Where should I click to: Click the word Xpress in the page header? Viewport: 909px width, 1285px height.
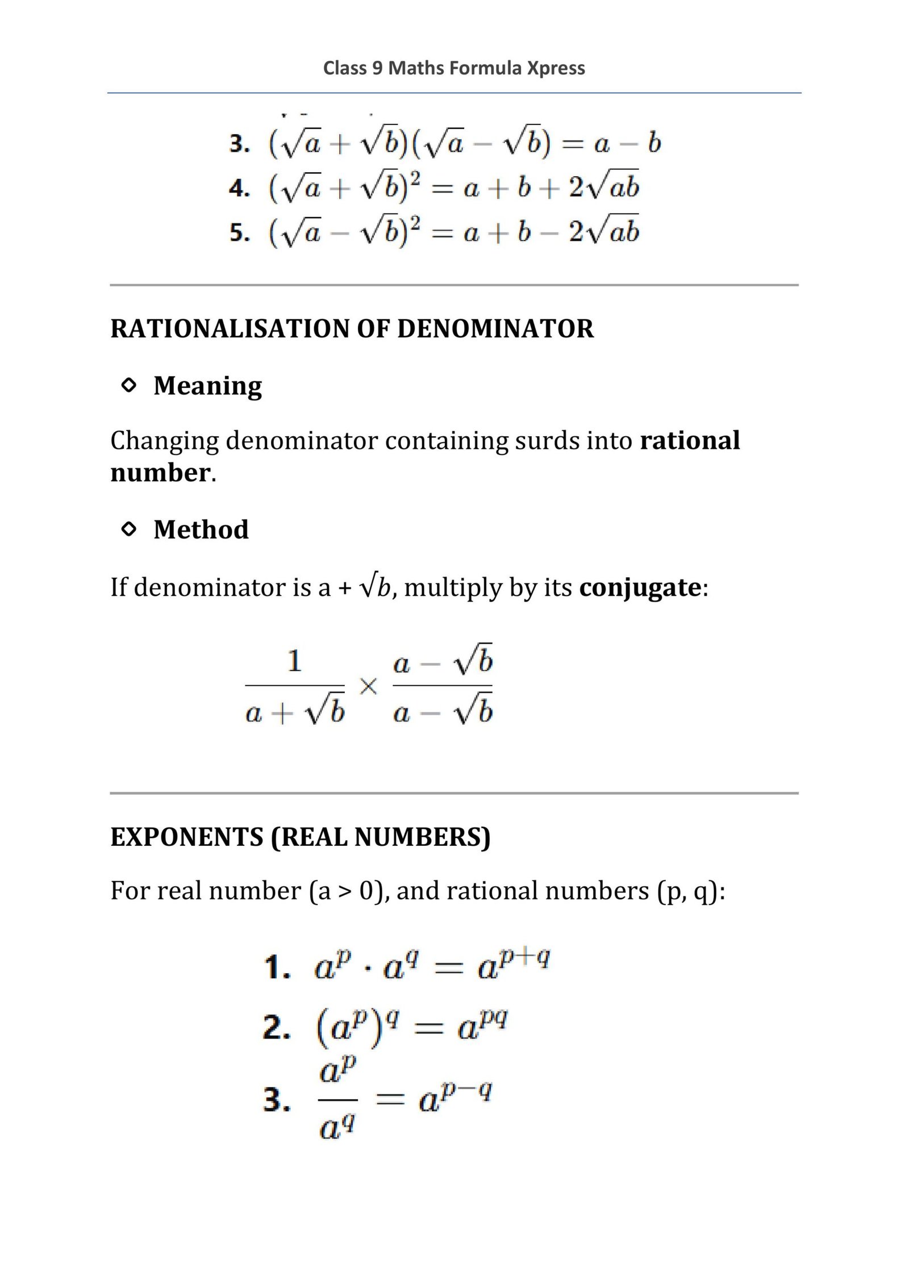556,68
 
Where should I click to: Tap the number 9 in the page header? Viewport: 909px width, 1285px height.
377,68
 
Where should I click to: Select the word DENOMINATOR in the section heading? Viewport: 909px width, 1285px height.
495,329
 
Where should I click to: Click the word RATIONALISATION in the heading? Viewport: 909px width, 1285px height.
230,329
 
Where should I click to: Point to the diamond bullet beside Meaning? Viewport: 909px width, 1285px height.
130,386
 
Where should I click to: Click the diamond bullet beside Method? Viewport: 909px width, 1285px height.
130,529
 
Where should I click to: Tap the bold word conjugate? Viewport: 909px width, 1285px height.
640,587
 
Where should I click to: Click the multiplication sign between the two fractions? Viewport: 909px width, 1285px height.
368,687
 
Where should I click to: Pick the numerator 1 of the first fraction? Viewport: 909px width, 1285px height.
294,661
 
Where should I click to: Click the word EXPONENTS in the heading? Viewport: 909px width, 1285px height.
187,837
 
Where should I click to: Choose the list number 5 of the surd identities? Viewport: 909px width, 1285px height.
239,233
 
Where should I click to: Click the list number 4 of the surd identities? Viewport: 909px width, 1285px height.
239,188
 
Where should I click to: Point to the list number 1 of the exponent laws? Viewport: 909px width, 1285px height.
277,967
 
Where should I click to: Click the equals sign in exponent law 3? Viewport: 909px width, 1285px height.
390,1100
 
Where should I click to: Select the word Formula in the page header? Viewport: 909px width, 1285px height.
486,68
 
